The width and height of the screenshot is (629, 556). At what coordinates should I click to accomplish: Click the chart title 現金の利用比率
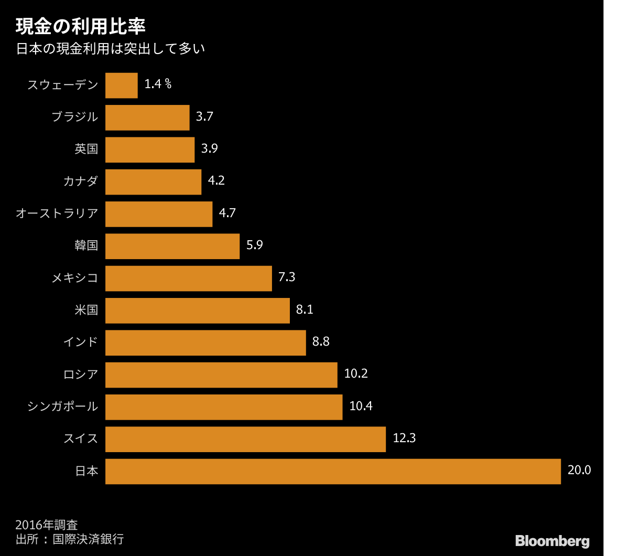80,27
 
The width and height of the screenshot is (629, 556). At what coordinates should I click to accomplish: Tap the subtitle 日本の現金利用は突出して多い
111,49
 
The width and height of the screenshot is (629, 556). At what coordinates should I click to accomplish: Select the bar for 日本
333,471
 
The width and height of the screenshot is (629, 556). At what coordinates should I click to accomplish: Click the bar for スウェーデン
122,85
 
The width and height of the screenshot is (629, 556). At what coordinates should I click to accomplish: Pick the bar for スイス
245,439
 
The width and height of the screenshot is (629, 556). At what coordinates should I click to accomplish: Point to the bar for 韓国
172,246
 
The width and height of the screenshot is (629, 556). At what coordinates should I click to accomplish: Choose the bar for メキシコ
189,278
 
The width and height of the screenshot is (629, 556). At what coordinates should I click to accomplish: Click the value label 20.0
579,470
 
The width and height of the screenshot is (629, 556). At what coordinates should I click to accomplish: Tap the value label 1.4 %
158,84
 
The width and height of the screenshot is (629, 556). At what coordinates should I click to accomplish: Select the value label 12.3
404,438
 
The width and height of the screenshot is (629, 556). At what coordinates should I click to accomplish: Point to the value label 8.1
305,309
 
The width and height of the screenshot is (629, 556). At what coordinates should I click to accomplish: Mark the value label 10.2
356,373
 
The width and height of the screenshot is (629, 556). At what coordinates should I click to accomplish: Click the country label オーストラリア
57,213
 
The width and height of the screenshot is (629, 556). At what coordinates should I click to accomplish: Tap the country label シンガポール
63,406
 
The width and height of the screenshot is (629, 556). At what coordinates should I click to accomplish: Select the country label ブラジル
75,117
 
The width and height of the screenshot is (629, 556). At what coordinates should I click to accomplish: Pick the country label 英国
86,149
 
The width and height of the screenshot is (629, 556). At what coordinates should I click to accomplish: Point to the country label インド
81,342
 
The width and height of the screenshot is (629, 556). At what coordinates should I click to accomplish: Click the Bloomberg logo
552,541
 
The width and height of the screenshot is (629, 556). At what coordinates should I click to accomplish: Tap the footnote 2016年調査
47,525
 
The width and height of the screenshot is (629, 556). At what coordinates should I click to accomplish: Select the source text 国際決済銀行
88,539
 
